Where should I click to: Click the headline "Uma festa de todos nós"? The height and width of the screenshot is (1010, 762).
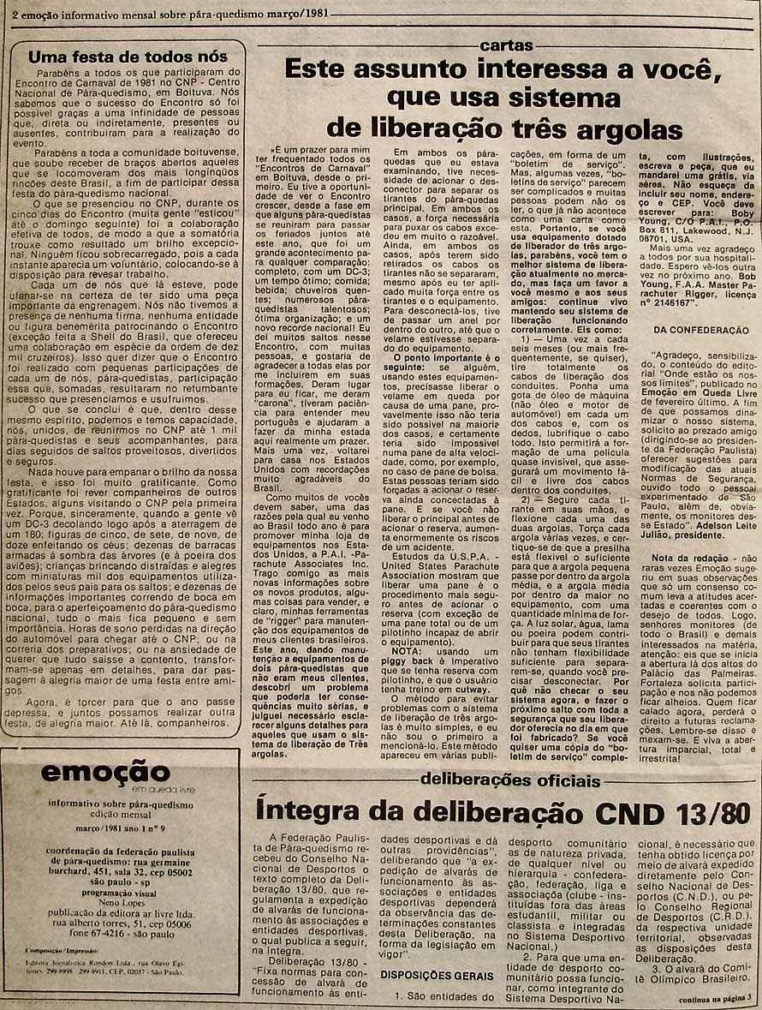128,57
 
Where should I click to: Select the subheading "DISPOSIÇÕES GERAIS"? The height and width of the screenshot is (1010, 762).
437,975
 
